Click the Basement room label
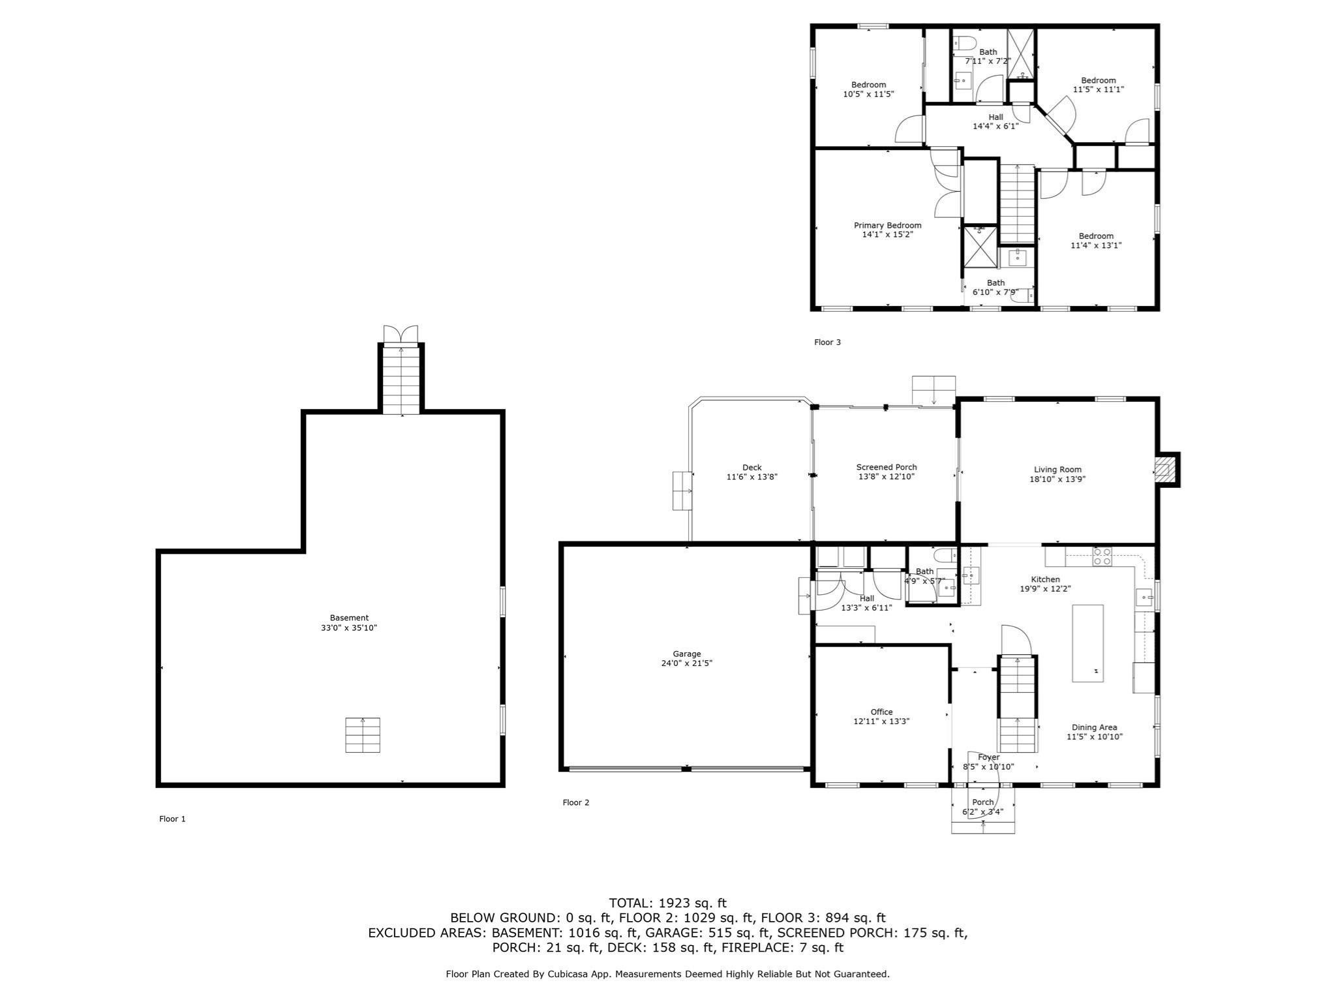(349, 618)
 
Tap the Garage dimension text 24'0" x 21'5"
(687, 663)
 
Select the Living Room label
(1057, 470)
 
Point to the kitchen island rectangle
(1088, 643)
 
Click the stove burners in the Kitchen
(1102, 556)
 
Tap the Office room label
(881, 712)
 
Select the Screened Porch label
(887, 467)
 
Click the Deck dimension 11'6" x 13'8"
(752, 477)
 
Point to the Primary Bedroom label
(888, 226)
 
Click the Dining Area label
(1095, 727)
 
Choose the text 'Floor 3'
(827, 342)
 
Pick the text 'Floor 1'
(172, 819)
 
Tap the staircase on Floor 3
(1018, 204)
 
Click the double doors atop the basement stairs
(401, 333)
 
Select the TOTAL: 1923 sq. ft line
(667, 903)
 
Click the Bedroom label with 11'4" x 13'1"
(1096, 236)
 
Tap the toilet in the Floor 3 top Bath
(965, 44)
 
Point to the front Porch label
(983, 802)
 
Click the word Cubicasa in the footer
(602, 974)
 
